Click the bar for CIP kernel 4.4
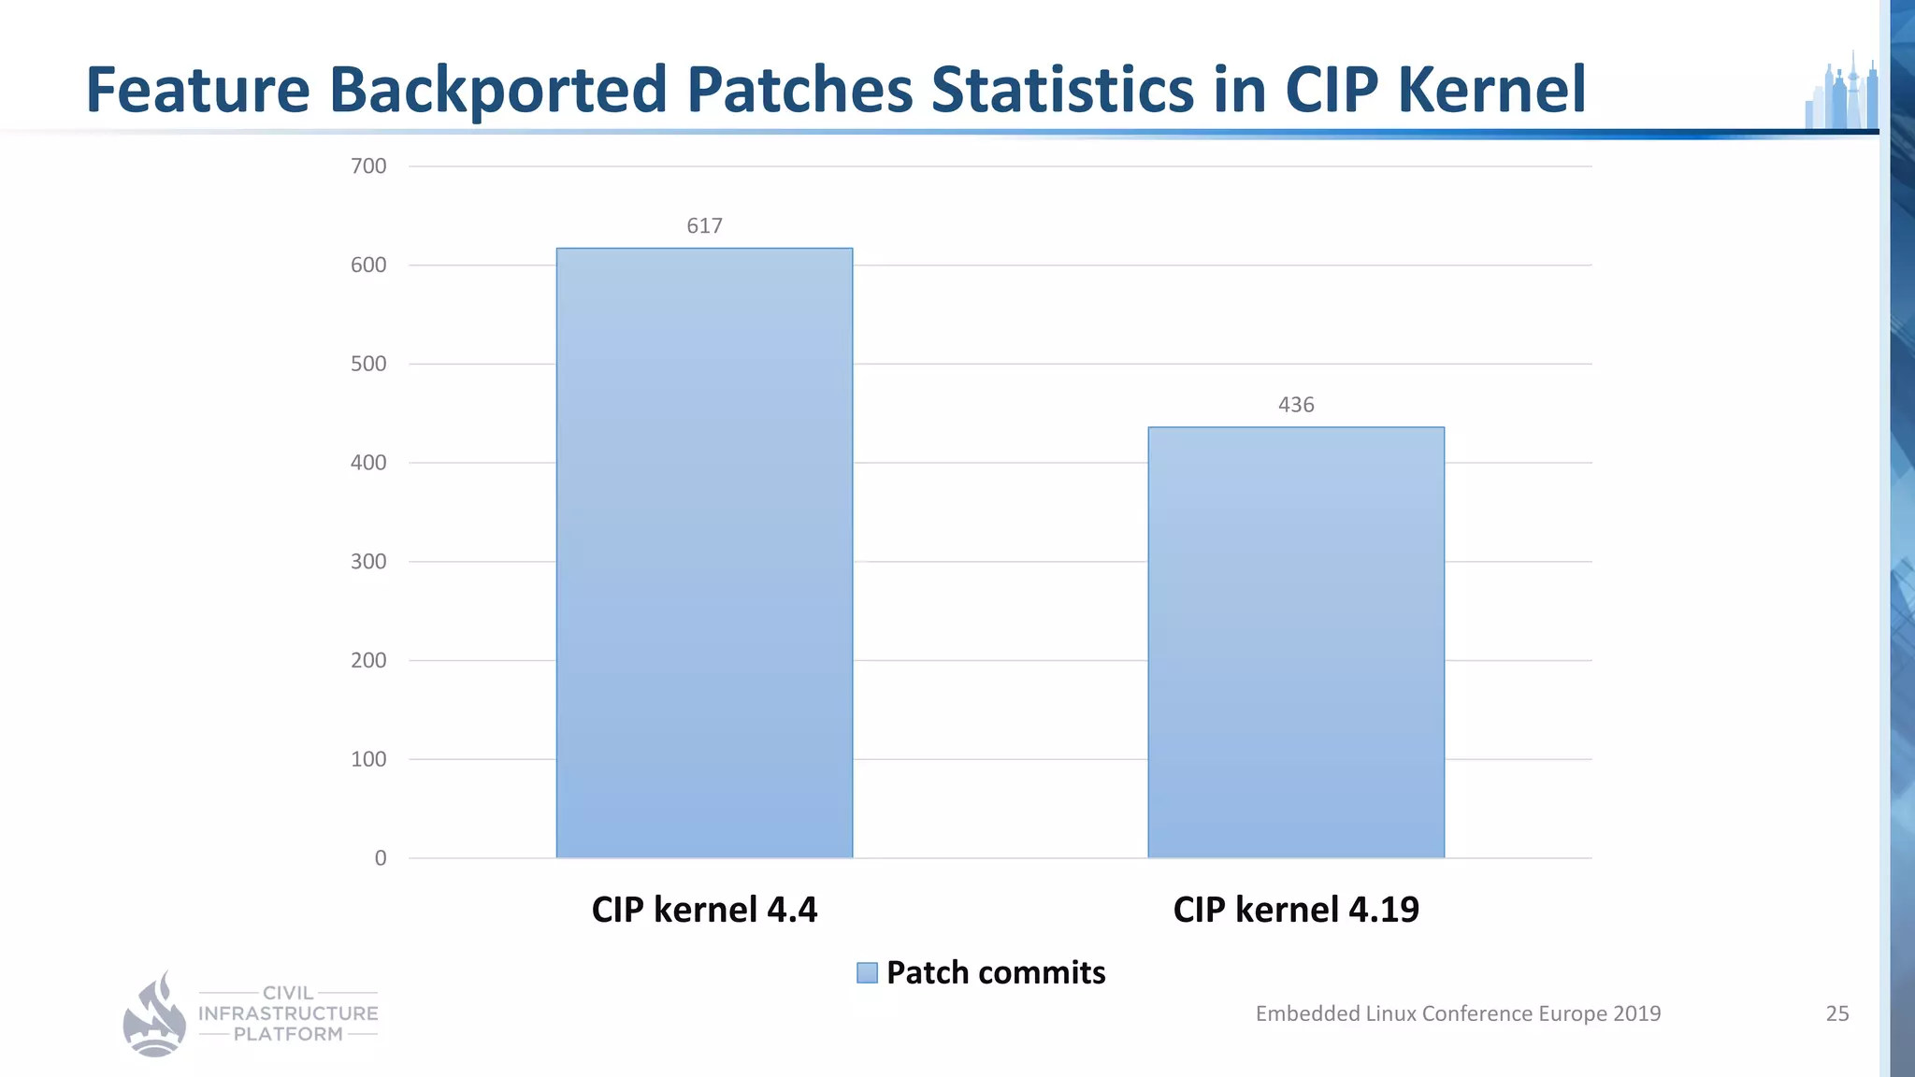click(x=704, y=553)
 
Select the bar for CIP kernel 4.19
click(x=1296, y=642)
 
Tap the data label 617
click(x=704, y=226)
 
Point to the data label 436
click(x=1296, y=405)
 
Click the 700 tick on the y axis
click(x=368, y=166)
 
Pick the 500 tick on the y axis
click(x=368, y=364)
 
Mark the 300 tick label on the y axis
click(x=368, y=562)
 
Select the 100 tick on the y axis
click(x=368, y=759)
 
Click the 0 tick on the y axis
click(x=380, y=858)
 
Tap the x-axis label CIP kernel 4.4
click(x=704, y=910)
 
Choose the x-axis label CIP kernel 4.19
click(x=1296, y=910)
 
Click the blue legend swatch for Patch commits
click(x=867, y=973)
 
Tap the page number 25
click(x=1837, y=1013)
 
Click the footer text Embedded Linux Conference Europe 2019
click(x=1458, y=1013)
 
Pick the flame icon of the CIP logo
click(x=154, y=1015)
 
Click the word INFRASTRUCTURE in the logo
click(x=288, y=1013)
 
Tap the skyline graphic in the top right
click(x=1841, y=93)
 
